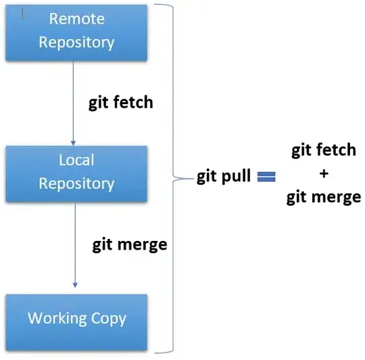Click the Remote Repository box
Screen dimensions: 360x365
point(76,31)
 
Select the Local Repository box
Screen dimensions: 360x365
point(76,172)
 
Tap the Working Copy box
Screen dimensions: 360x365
point(76,317)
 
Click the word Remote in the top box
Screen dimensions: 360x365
point(76,20)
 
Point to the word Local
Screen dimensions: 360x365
point(76,160)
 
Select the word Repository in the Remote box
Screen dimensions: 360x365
point(76,42)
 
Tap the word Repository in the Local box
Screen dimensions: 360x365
point(76,183)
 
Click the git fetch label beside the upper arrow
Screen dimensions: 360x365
point(121,103)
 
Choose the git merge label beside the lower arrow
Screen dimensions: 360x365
point(130,244)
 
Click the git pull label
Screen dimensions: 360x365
point(224,177)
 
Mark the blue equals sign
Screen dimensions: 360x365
point(266,177)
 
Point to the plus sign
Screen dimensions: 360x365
point(323,174)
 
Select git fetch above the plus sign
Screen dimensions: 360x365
point(323,150)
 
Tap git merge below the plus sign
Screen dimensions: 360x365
point(323,198)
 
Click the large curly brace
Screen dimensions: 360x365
point(176,177)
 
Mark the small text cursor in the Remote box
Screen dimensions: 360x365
point(24,12)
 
